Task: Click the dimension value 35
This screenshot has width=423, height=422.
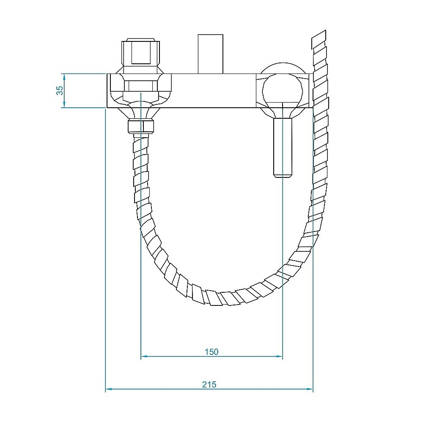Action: click(60, 90)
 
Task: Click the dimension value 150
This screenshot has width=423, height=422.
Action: click(211, 351)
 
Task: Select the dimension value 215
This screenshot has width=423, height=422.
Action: click(209, 384)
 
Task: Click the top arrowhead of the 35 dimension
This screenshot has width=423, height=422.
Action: click(63, 76)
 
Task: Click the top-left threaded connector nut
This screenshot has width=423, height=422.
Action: click(141, 53)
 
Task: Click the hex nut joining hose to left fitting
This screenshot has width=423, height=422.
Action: click(141, 126)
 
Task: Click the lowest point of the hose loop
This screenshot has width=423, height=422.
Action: click(220, 298)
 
